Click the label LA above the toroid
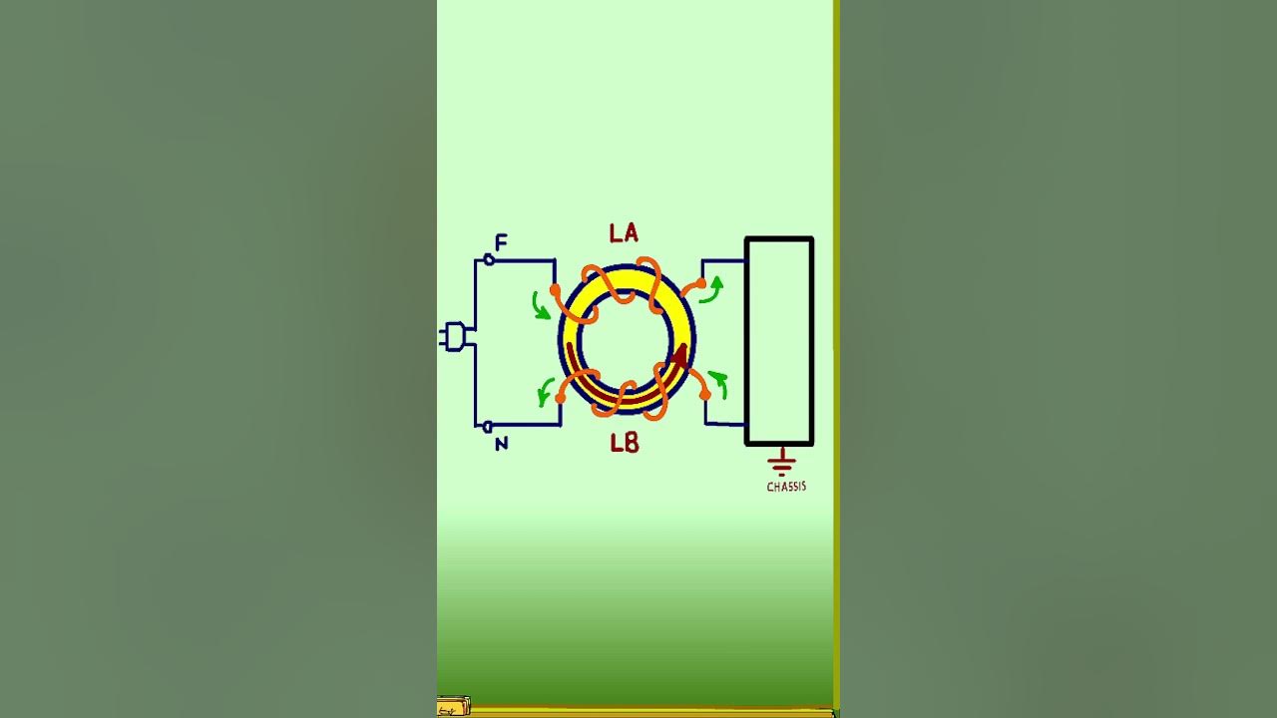(624, 234)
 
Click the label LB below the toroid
(625, 443)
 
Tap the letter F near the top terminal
(501, 242)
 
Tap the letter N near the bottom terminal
(501, 444)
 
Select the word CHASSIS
(786, 487)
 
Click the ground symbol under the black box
(781, 462)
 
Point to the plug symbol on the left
(454, 337)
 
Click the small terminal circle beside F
(489, 260)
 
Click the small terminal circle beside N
(488, 427)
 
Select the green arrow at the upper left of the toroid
(540, 305)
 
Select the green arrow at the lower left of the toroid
(546, 391)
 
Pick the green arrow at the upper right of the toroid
(711, 290)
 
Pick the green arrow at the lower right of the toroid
(717, 382)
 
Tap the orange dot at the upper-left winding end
(555, 289)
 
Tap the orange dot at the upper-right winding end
(701, 284)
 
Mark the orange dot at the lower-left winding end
(561, 398)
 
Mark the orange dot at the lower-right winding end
(705, 395)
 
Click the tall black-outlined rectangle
(779, 341)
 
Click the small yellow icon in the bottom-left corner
(453, 708)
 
